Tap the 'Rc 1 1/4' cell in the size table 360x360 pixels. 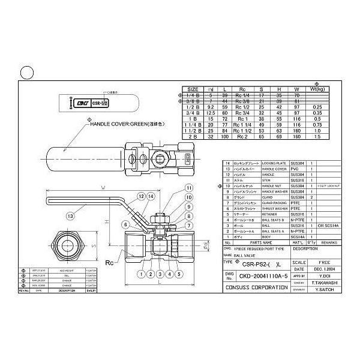tap(241, 125)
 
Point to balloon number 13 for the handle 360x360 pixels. tap(71, 216)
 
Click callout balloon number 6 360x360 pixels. tap(125, 224)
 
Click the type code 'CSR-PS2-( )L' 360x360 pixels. tap(260, 262)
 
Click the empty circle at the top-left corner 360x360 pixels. tap(26, 73)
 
